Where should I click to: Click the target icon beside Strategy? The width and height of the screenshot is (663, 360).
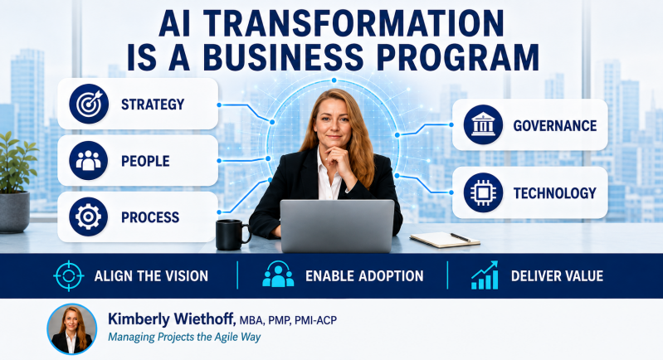tap(89, 104)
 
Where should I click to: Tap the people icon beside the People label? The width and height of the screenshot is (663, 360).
tap(88, 161)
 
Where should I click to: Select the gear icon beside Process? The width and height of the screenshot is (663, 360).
tap(88, 216)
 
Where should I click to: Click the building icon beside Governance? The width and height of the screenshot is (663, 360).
tap(483, 124)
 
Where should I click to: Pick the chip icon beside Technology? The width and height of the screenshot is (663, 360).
tap(483, 192)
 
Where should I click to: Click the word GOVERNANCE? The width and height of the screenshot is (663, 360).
tap(555, 125)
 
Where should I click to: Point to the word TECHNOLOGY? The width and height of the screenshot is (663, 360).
tap(555, 193)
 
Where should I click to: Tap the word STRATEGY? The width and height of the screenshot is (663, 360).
tap(153, 105)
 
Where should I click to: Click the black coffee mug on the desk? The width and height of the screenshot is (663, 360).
tap(232, 235)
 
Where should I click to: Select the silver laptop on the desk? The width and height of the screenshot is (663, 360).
tap(337, 226)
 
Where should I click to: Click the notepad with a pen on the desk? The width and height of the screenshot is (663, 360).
tap(445, 239)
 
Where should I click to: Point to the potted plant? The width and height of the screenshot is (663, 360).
tap(15, 182)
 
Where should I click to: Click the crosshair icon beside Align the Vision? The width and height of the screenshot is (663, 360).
tap(69, 276)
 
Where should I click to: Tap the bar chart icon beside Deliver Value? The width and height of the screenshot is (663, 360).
tap(485, 275)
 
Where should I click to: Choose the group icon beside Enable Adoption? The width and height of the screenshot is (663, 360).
tap(278, 275)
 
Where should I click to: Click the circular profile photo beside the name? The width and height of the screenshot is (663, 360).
tap(72, 328)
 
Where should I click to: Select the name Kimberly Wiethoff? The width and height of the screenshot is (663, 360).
tap(172, 319)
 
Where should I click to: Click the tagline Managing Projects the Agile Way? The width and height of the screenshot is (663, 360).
tap(184, 337)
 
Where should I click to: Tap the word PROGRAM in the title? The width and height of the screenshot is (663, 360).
tap(458, 57)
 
